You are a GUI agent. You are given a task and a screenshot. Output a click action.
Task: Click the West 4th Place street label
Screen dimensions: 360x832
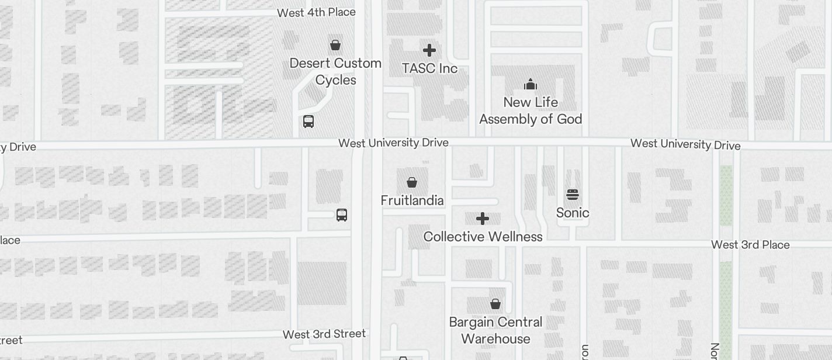[316, 12]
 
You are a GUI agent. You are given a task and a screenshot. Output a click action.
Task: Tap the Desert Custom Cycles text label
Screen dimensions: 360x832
[335, 71]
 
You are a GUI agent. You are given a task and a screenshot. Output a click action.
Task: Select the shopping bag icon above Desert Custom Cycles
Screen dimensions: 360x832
[335, 45]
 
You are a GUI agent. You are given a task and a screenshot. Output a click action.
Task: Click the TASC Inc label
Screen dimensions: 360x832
[429, 68]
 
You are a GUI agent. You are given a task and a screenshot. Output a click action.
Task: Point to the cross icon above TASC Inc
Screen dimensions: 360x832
[429, 50]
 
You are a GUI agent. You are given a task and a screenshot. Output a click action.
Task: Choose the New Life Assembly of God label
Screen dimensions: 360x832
[531, 110]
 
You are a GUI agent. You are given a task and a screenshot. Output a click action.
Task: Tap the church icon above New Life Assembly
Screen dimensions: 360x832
[531, 85]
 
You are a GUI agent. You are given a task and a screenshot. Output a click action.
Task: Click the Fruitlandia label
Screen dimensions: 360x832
[412, 200]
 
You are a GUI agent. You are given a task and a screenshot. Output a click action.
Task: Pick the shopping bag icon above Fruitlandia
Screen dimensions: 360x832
[412, 182]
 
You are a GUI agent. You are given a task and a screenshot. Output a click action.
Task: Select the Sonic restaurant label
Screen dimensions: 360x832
[573, 213]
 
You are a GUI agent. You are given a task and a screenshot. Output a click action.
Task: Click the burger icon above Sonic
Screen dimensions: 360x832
[573, 195]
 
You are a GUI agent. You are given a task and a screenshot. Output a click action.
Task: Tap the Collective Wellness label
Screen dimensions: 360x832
[483, 237]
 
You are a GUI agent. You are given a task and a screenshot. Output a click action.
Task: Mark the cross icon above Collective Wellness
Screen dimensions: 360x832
[483, 219]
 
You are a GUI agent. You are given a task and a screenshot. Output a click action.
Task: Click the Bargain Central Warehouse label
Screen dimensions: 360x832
[495, 330]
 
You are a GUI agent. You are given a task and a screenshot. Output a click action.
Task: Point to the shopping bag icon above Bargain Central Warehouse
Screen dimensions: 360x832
[495, 304]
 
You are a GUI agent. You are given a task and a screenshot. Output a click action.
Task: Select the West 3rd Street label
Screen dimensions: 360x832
[324, 334]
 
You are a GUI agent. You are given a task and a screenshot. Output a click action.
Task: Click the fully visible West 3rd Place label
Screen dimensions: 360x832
[750, 245]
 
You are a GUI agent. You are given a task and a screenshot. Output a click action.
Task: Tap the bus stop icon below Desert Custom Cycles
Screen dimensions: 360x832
[308, 122]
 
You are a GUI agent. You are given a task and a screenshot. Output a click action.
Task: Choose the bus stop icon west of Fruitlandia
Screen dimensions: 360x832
[342, 215]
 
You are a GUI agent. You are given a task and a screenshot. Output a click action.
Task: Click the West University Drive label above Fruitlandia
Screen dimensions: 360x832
[393, 143]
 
